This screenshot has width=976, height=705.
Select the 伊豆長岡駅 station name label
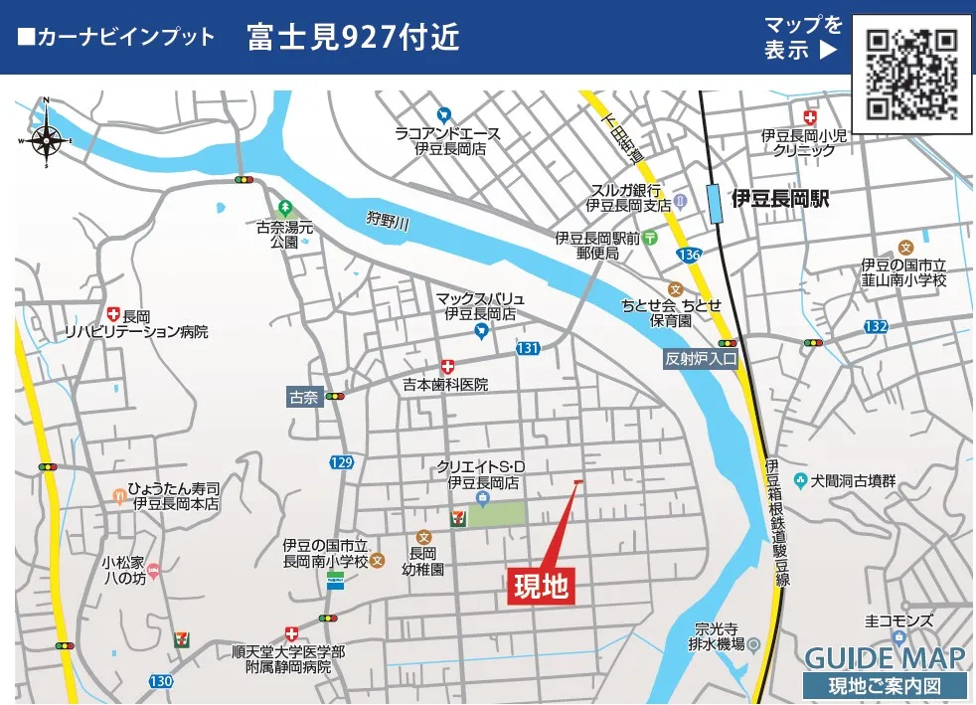(x=779, y=199)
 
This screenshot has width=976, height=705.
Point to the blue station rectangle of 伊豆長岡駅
(x=715, y=203)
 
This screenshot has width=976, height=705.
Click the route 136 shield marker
(x=690, y=256)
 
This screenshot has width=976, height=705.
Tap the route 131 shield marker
(x=528, y=348)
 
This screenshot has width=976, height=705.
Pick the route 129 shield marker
(x=341, y=462)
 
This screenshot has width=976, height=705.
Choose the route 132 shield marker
(x=875, y=326)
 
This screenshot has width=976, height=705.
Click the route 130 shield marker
(x=161, y=681)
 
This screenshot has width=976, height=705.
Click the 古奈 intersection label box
(x=302, y=396)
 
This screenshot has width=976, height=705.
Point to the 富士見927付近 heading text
(x=353, y=38)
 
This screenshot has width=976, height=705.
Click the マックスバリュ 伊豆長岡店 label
(x=480, y=305)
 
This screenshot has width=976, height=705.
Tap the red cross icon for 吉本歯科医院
(x=447, y=366)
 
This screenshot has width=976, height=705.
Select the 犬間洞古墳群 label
(x=853, y=481)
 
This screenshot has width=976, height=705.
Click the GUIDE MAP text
(x=884, y=657)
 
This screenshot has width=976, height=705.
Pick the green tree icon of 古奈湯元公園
(x=285, y=207)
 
